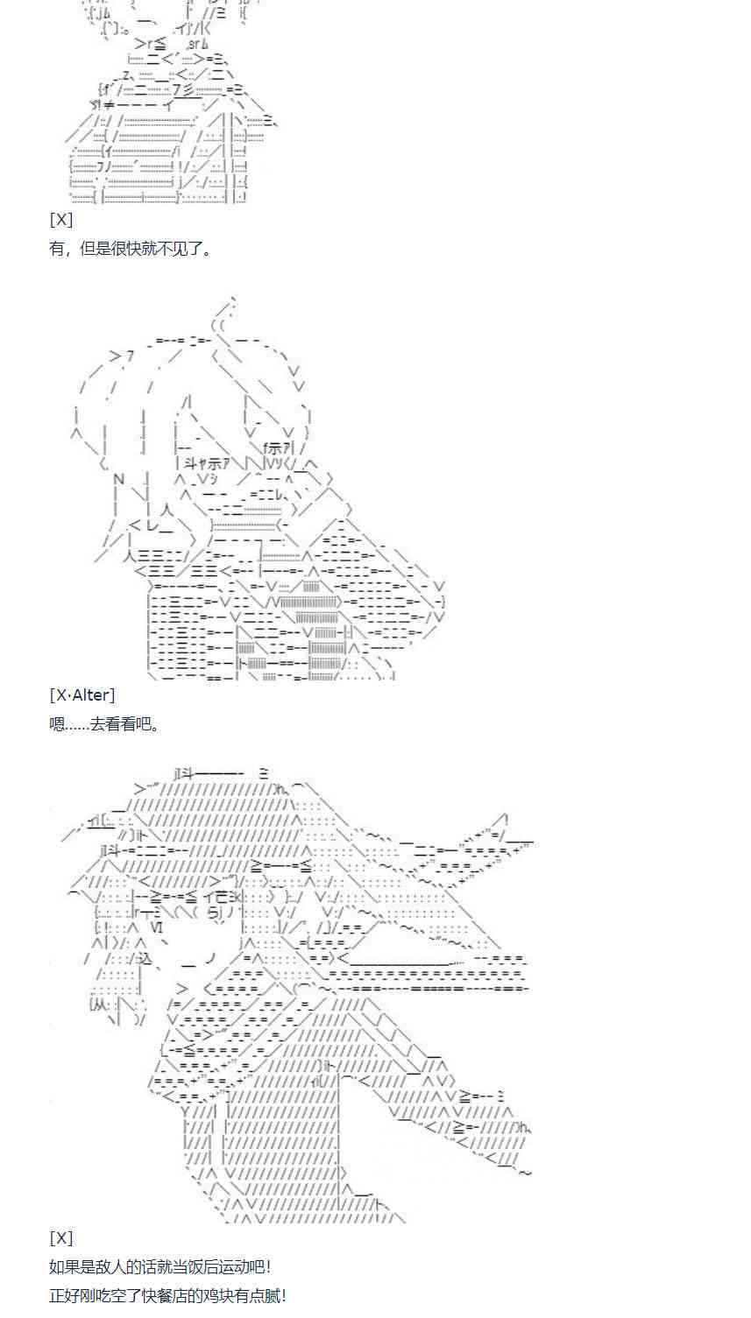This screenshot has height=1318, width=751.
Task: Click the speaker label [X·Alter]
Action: pos(81,695)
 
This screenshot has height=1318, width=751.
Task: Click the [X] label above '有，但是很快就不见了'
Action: pos(60,220)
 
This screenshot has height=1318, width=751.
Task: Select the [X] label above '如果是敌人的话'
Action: pos(60,1238)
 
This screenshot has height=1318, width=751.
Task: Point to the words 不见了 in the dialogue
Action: pos(183,249)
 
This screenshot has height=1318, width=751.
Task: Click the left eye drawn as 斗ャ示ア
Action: pos(203,465)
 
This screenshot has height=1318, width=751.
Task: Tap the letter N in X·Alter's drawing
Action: pos(119,478)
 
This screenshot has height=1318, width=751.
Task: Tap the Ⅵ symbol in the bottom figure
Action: pos(156,927)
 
